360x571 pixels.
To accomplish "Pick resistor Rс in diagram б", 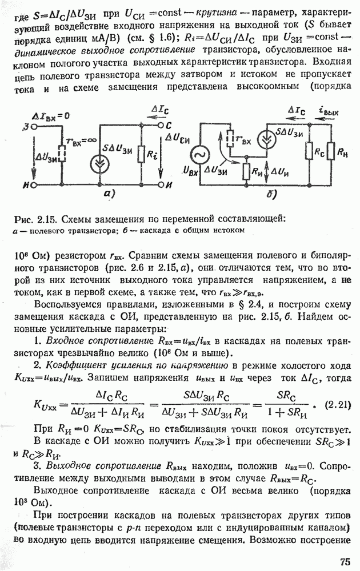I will pyautogui.click(x=308, y=151).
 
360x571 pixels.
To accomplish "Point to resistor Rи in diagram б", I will pyautogui.click(x=246, y=171).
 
